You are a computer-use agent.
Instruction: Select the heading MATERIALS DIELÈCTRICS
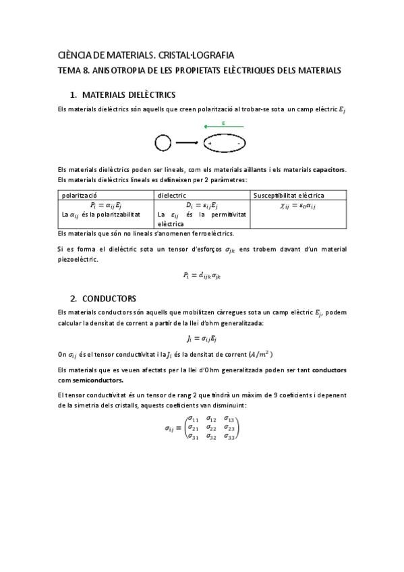pos(129,95)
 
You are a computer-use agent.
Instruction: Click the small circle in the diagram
pos(163,142)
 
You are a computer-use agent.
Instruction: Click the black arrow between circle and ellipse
pos(187,143)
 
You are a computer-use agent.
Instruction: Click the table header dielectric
pos(171,195)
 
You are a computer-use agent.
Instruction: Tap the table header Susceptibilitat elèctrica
pos(288,195)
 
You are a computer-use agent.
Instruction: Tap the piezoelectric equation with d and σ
pos(201,275)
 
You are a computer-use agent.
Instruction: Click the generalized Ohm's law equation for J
pos(201,338)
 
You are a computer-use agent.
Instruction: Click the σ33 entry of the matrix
pos(230,437)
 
